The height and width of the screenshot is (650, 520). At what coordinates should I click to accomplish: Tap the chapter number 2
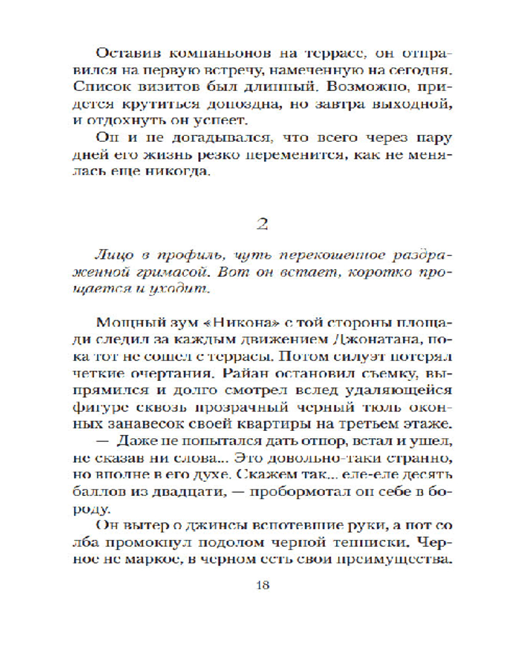(263, 224)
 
